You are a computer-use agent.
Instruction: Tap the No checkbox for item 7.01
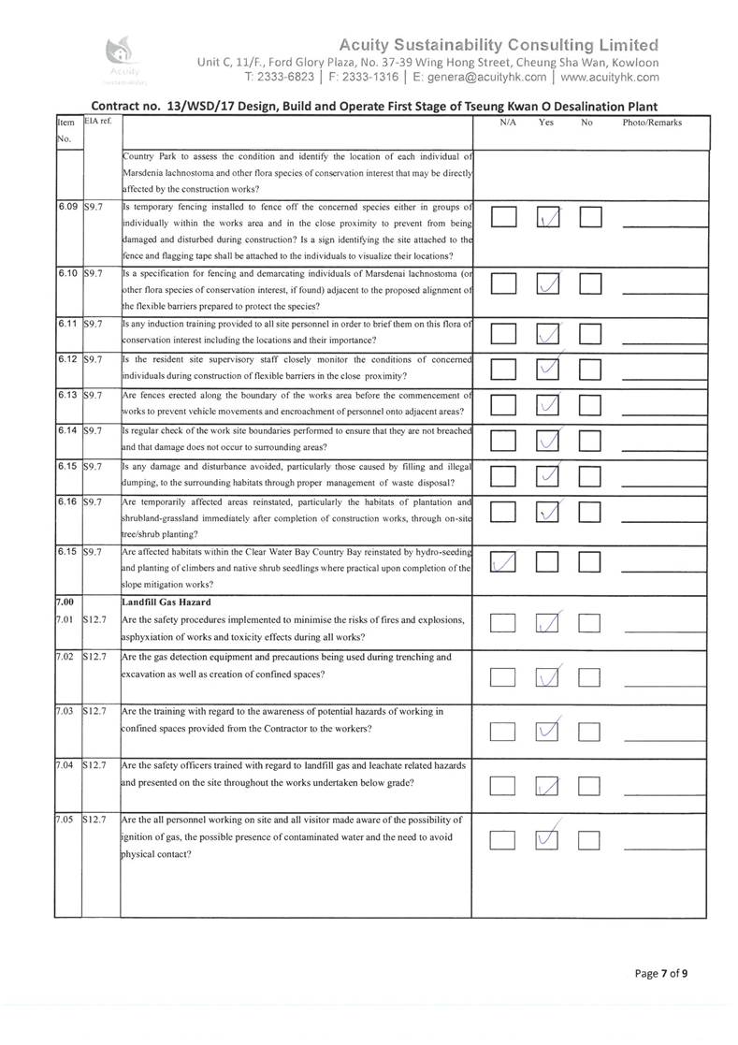click(591, 623)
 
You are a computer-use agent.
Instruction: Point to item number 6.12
click(67, 358)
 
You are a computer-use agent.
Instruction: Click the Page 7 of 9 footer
click(662, 973)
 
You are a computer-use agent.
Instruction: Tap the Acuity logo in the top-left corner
click(125, 56)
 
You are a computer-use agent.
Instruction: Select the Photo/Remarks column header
click(652, 123)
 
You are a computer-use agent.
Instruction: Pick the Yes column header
click(546, 123)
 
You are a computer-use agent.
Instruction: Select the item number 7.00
click(65, 602)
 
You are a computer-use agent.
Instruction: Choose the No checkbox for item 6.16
click(591, 512)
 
